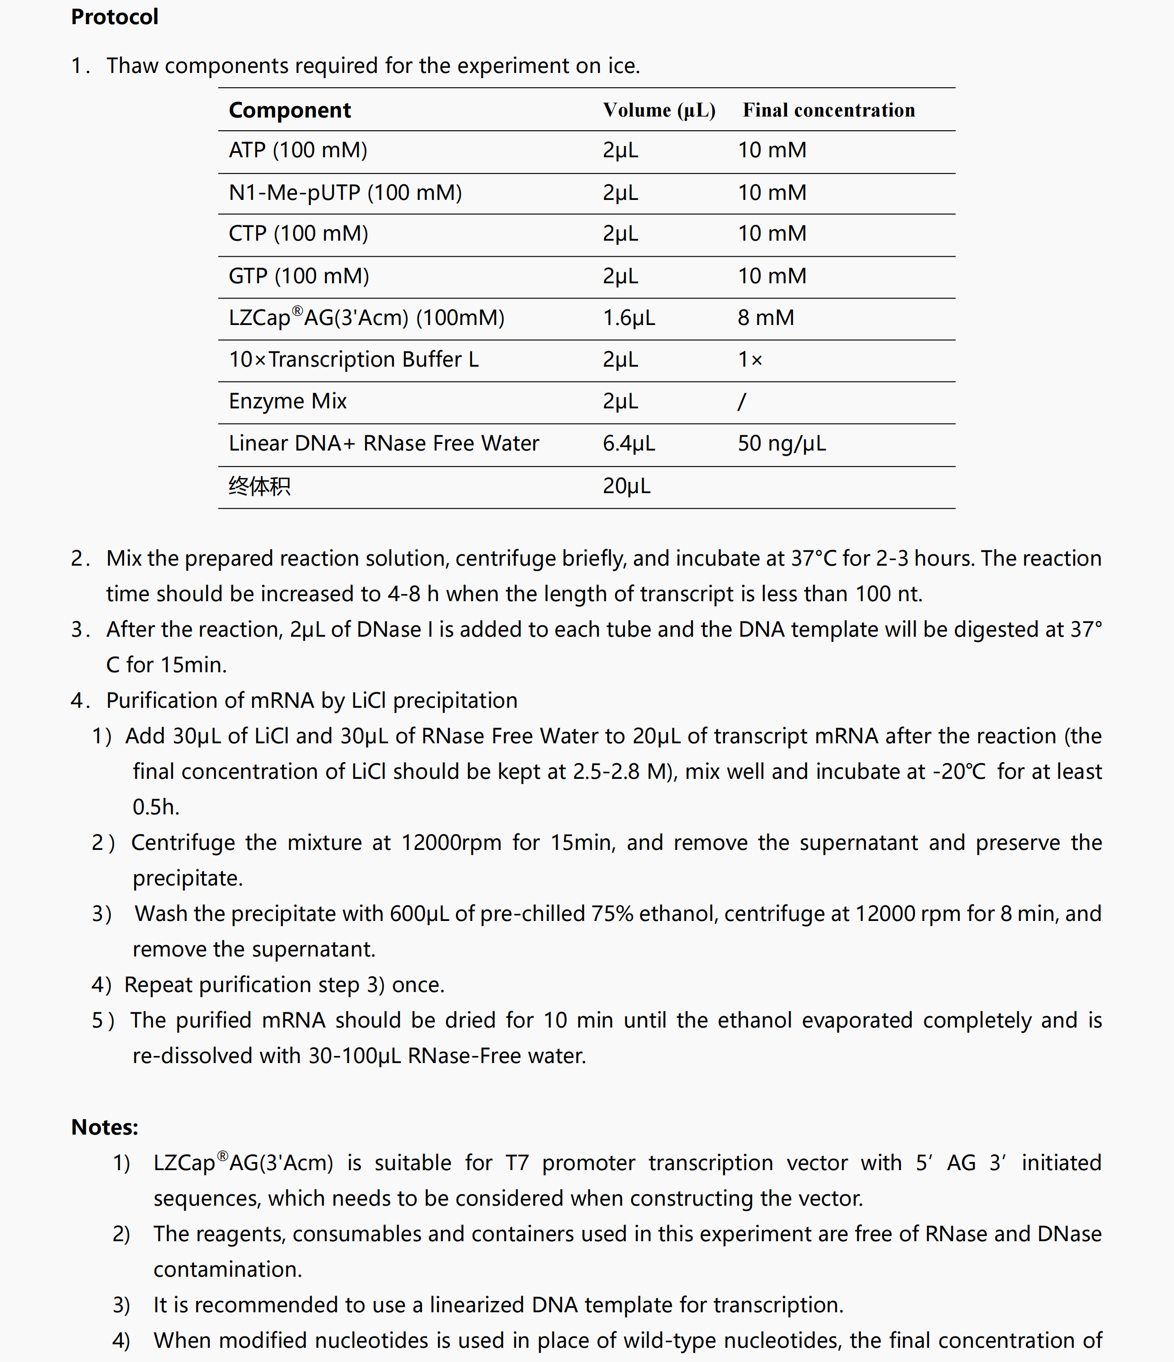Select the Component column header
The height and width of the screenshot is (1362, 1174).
pos(290,110)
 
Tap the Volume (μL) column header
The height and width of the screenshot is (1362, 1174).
pos(659,110)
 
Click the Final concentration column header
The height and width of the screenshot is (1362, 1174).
pos(828,110)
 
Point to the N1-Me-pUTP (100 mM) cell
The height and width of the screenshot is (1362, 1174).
pos(345,193)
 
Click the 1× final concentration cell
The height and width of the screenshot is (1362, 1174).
pos(749,360)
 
